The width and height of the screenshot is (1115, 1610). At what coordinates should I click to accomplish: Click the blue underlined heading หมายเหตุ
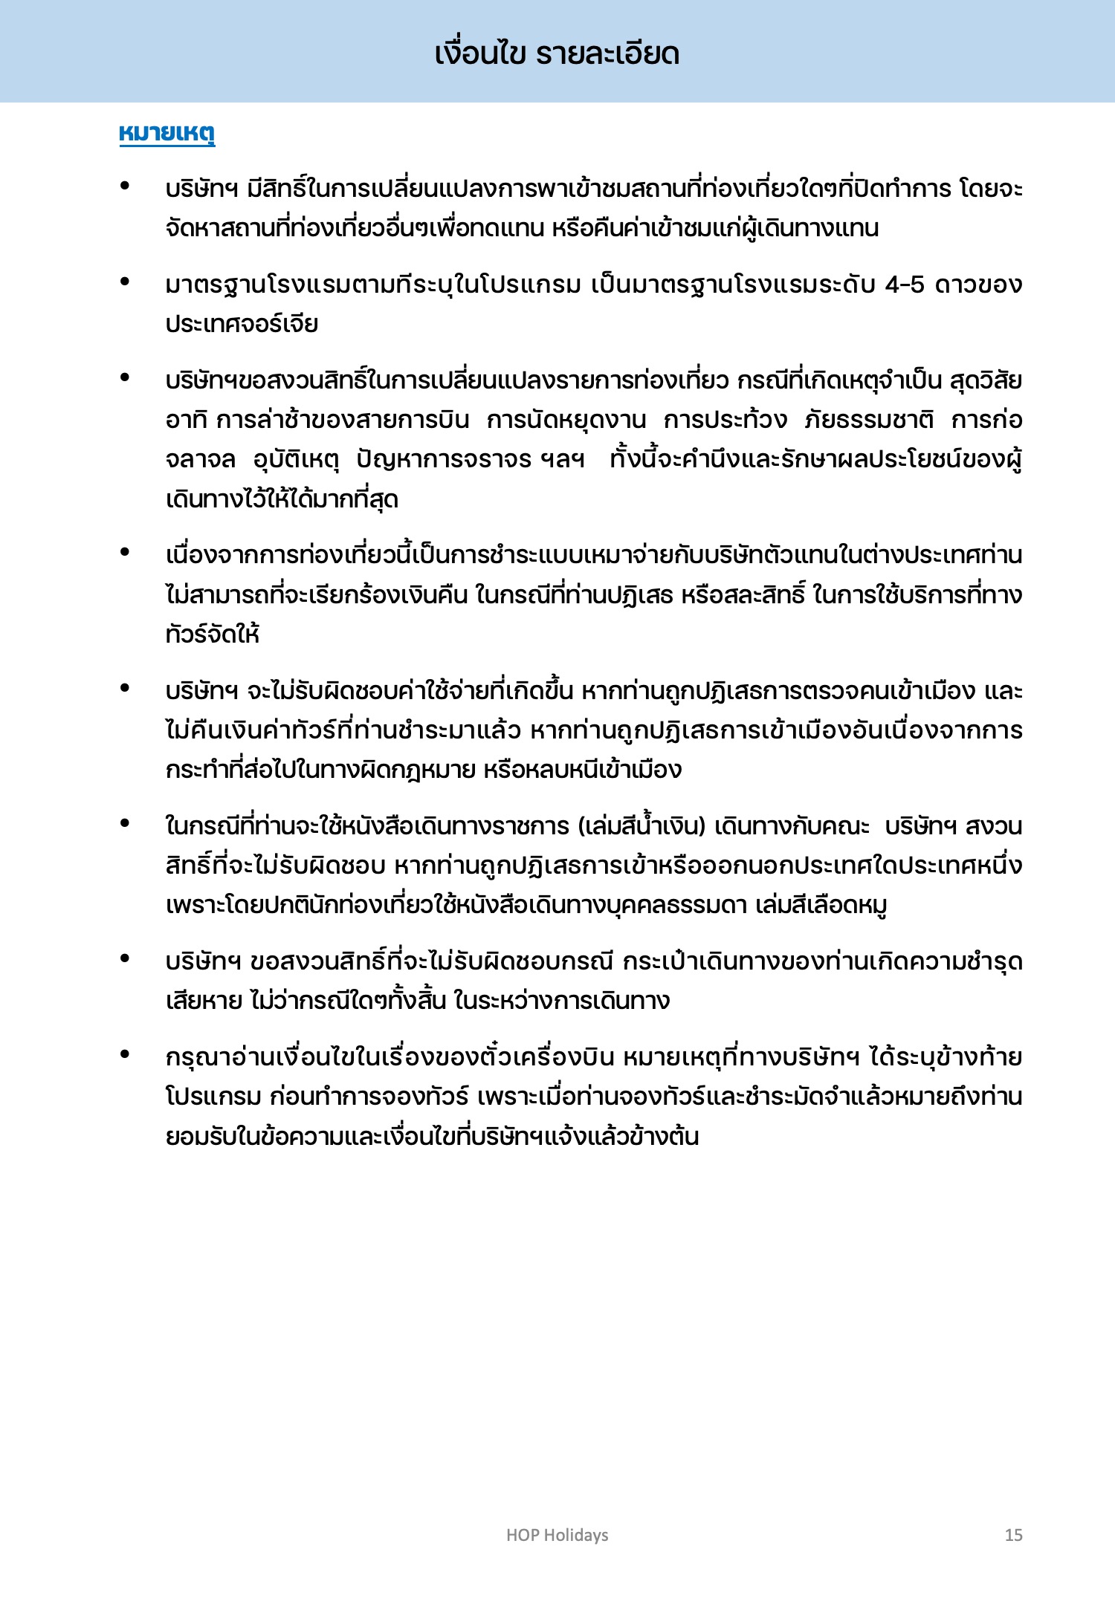pyautogui.click(x=167, y=134)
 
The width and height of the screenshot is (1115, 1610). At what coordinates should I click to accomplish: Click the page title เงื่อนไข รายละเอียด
pyautogui.click(x=557, y=53)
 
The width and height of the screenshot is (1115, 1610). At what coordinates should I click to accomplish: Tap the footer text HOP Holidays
pyautogui.click(x=557, y=1535)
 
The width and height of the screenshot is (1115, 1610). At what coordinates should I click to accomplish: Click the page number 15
pyautogui.click(x=1013, y=1535)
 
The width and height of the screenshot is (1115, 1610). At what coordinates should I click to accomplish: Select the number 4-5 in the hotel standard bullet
pyautogui.click(x=905, y=285)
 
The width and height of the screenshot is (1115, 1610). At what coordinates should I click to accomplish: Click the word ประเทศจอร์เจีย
pyautogui.click(x=242, y=325)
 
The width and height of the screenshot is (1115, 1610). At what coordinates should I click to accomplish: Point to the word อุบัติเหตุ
pyautogui.click(x=296, y=460)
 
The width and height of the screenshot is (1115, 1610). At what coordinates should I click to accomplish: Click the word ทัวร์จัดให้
pyautogui.click(x=213, y=634)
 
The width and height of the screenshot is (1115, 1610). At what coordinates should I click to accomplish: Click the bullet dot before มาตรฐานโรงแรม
pyautogui.click(x=125, y=282)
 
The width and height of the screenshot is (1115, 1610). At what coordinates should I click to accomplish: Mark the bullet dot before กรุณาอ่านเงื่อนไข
pyautogui.click(x=125, y=1054)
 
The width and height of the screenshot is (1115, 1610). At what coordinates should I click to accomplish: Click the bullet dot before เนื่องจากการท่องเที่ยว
pyautogui.click(x=125, y=552)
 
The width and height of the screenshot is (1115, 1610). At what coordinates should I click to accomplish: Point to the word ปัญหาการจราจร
pyautogui.click(x=444, y=460)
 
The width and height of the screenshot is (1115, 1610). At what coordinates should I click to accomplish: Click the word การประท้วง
pyautogui.click(x=725, y=421)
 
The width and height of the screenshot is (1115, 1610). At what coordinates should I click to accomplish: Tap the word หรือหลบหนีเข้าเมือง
pyautogui.click(x=582, y=770)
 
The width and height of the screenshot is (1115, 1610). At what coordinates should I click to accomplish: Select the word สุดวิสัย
pyautogui.click(x=986, y=381)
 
